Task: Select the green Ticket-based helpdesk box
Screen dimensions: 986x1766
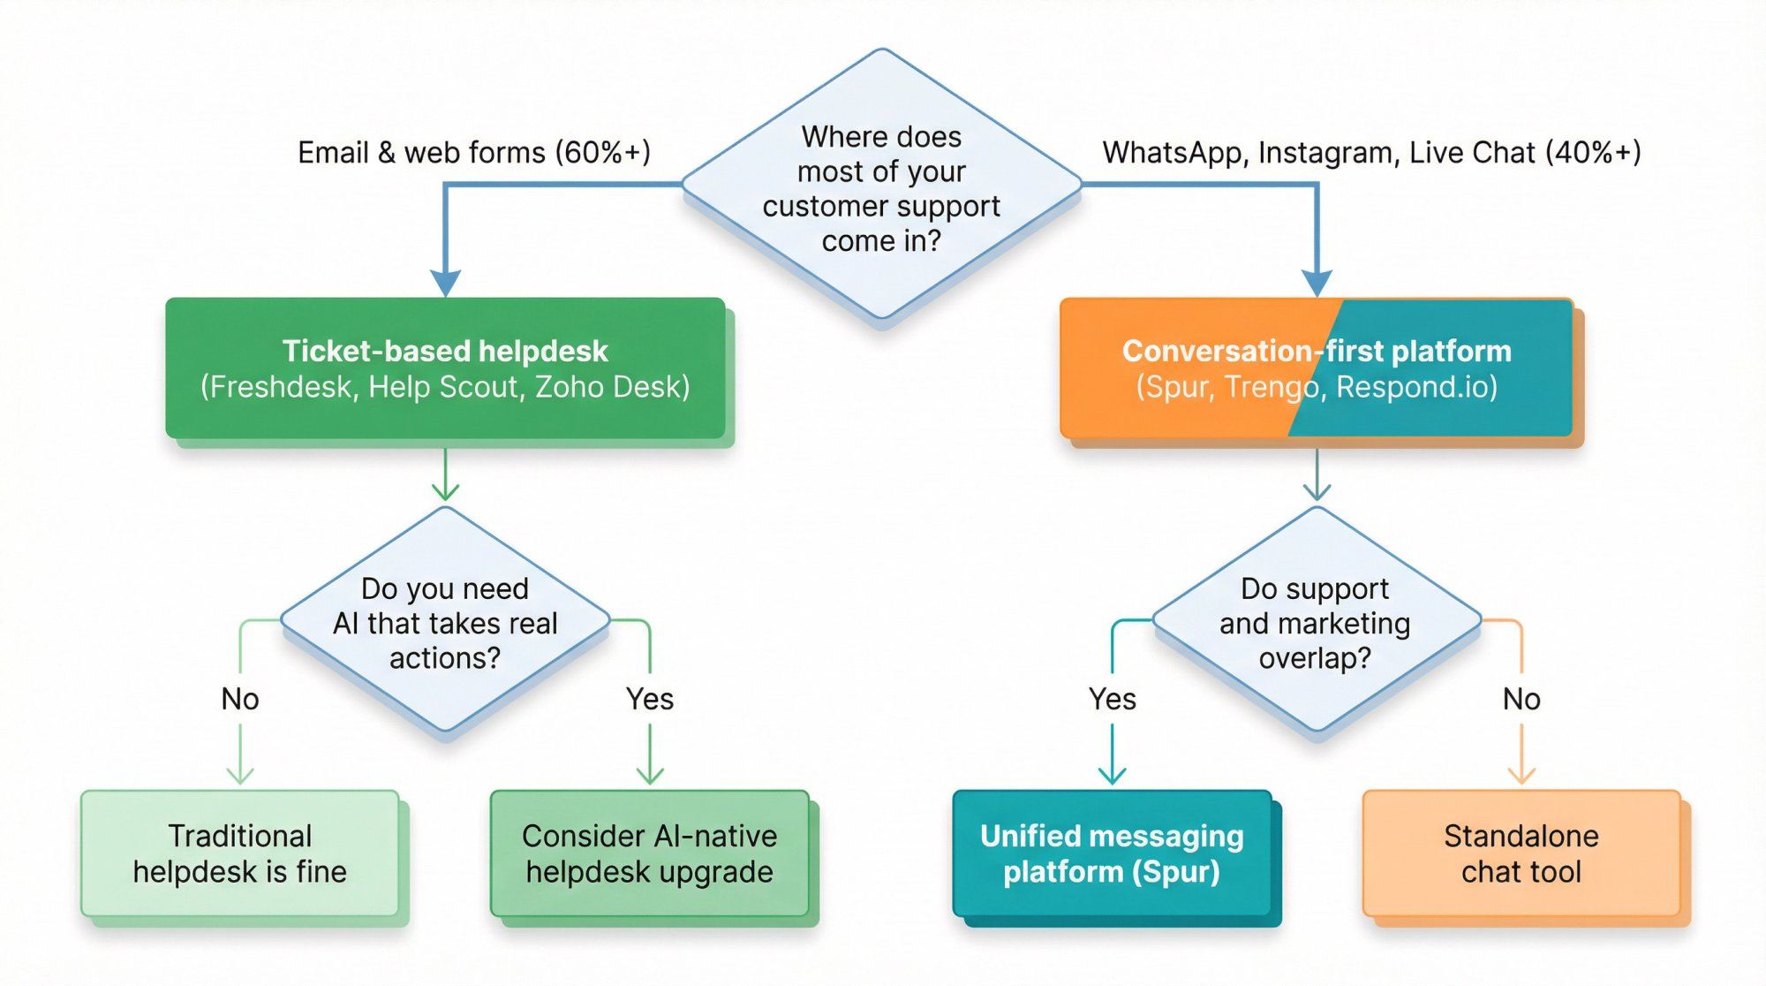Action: pyautogui.click(x=445, y=368)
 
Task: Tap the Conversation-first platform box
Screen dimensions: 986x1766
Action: pyautogui.click(x=1316, y=368)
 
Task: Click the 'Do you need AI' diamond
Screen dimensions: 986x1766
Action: pyautogui.click(x=445, y=622)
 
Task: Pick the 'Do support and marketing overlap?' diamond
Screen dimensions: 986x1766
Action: pyautogui.click(x=1316, y=622)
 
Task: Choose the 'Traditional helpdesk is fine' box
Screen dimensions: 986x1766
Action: pyautogui.click(x=239, y=853)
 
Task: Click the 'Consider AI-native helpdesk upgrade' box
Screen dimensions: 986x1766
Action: pyautogui.click(x=649, y=853)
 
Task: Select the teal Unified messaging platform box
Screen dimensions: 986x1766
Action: pyautogui.click(x=1112, y=853)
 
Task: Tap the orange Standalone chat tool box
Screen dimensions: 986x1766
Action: pyautogui.click(x=1521, y=853)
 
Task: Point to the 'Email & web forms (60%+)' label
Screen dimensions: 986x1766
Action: pyautogui.click(x=474, y=153)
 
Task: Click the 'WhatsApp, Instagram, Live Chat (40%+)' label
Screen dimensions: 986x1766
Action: pyautogui.click(x=1371, y=153)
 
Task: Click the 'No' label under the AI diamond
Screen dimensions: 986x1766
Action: pyautogui.click(x=240, y=699)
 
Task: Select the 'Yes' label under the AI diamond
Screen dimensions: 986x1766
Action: pyautogui.click(x=650, y=699)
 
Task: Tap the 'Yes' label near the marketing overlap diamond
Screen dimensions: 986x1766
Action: pyautogui.click(x=1112, y=699)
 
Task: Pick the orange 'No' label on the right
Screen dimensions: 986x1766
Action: pyautogui.click(x=1521, y=699)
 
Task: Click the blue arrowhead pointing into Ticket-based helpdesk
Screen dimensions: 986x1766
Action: pyautogui.click(x=445, y=284)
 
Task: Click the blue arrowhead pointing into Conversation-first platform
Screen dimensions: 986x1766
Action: pyautogui.click(x=1317, y=284)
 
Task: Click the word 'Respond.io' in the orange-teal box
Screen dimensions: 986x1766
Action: pyautogui.click(x=1415, y=387)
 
